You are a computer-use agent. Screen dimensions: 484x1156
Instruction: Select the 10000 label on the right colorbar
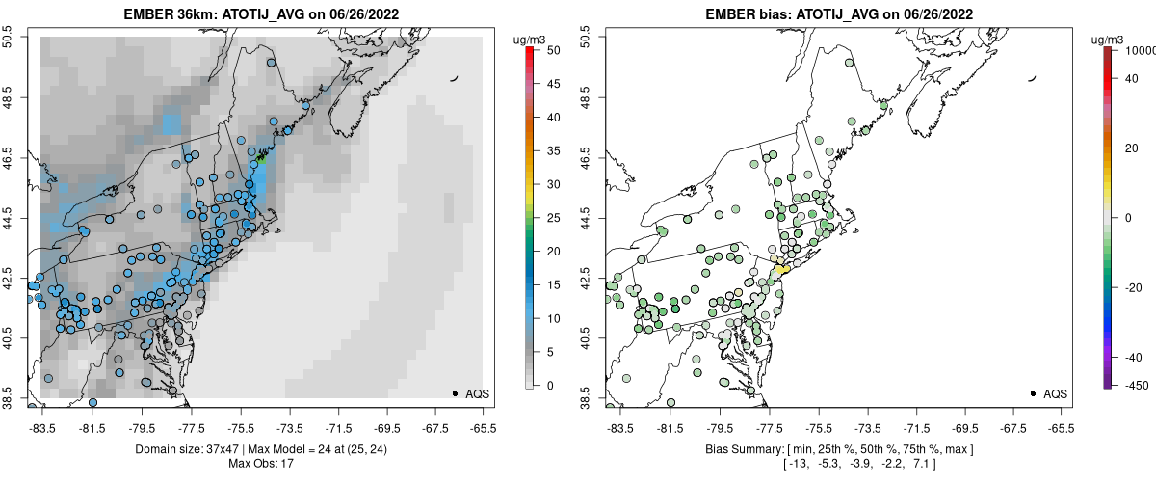(x=1139, y=49)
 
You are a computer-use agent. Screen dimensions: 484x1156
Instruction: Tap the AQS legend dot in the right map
(x=1033, y=393)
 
